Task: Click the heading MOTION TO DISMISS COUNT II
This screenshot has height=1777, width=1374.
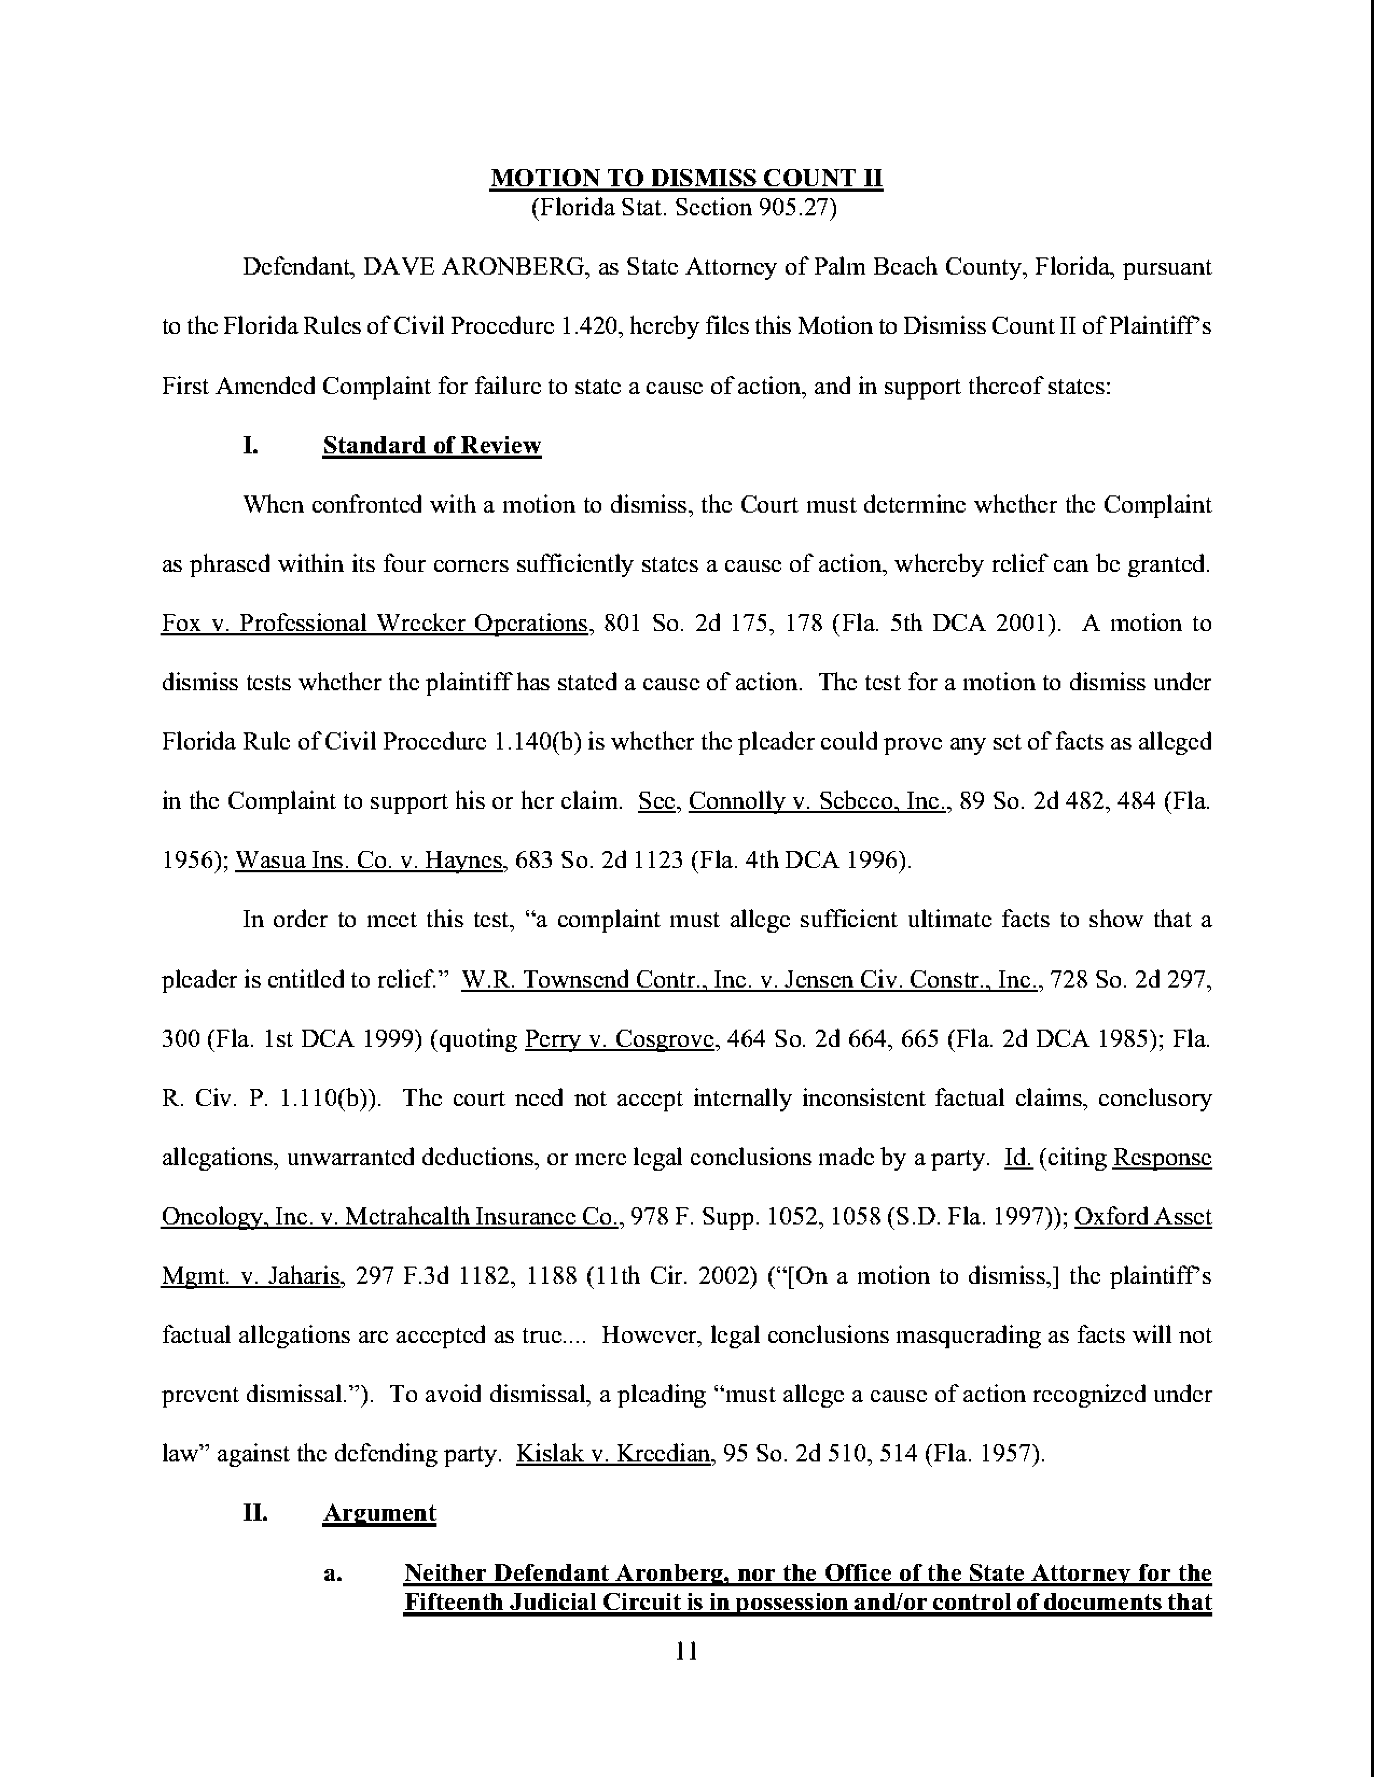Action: click(x=685, y=178)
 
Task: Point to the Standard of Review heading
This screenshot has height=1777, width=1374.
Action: click(x=432, y=446)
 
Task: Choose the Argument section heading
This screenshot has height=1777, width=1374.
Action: click(x=379, y=1513)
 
